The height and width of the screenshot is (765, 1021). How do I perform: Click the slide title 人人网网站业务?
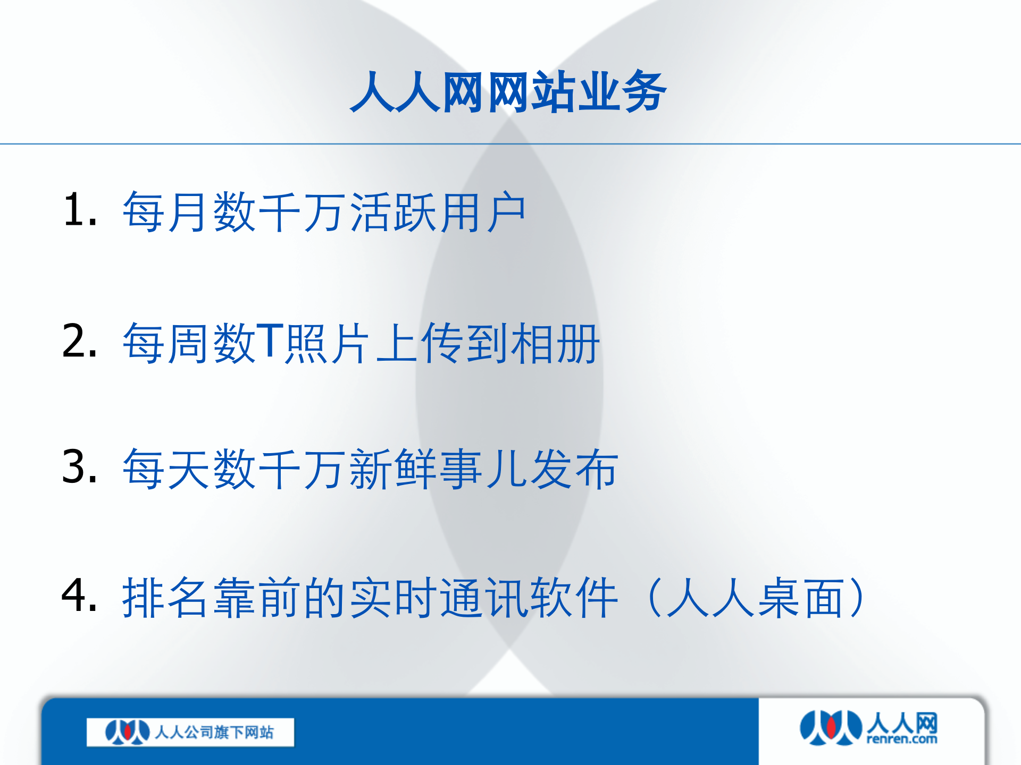[508, 92]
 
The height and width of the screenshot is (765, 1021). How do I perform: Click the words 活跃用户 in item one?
[438, 212]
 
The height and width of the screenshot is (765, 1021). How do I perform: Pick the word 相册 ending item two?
[555, 344]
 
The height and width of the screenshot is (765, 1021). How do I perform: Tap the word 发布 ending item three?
[574, 469]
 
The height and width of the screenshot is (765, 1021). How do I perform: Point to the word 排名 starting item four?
[165, 598]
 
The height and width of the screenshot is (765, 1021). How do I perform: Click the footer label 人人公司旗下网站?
[214, 733]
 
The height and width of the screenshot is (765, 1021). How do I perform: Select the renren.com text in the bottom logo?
[901, 739]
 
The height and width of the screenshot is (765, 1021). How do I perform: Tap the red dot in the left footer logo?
[127, 732]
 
